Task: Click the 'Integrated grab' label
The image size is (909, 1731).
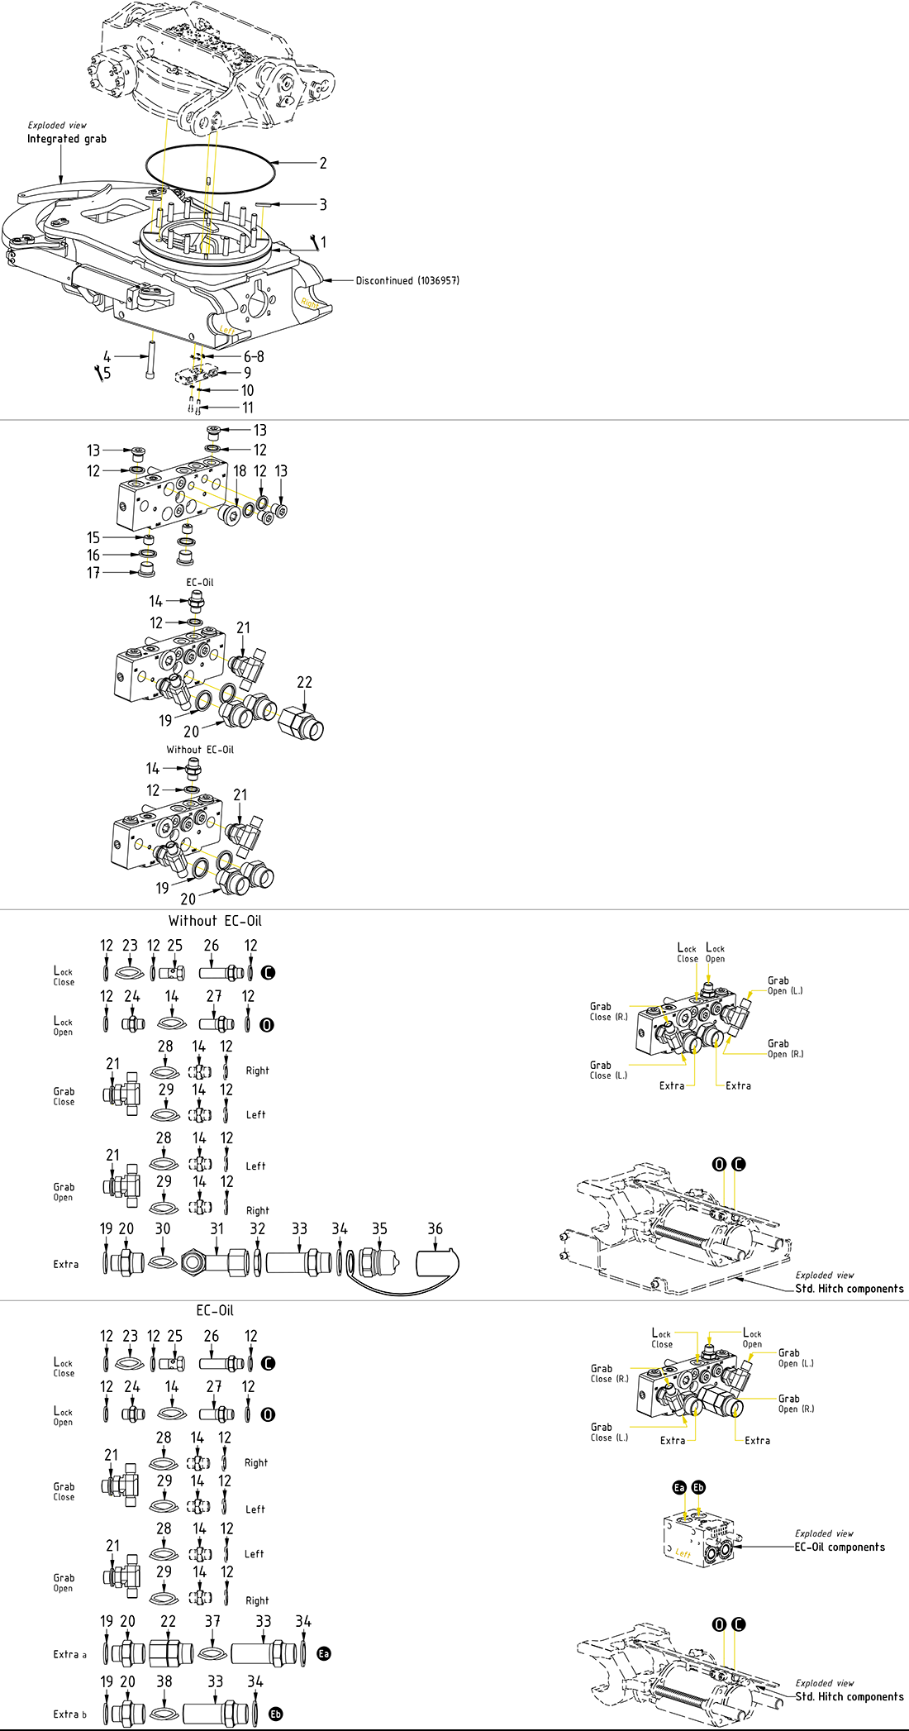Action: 66,139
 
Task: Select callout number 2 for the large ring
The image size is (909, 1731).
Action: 323,163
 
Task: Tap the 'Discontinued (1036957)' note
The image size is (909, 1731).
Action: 407,281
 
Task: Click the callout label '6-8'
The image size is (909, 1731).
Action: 254,357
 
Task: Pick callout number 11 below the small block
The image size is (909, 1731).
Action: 248,408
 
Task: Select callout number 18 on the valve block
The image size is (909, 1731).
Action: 240,471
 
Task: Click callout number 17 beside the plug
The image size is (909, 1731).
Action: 93,573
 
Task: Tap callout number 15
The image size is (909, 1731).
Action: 93,538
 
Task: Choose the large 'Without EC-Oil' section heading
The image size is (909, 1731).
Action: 215,921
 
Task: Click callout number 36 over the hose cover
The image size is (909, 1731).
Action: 435,1229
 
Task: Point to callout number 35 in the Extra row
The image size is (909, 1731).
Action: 379,1229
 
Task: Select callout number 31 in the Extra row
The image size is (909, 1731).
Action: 217,1229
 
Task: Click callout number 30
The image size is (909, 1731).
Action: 163,1229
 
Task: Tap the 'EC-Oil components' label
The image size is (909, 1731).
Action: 840,1547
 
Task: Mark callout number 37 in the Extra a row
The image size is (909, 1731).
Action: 212,1622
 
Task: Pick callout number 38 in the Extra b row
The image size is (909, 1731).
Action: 164,1681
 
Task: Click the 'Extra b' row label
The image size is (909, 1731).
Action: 69,1714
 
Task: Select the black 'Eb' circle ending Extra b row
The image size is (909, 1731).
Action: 276,1714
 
